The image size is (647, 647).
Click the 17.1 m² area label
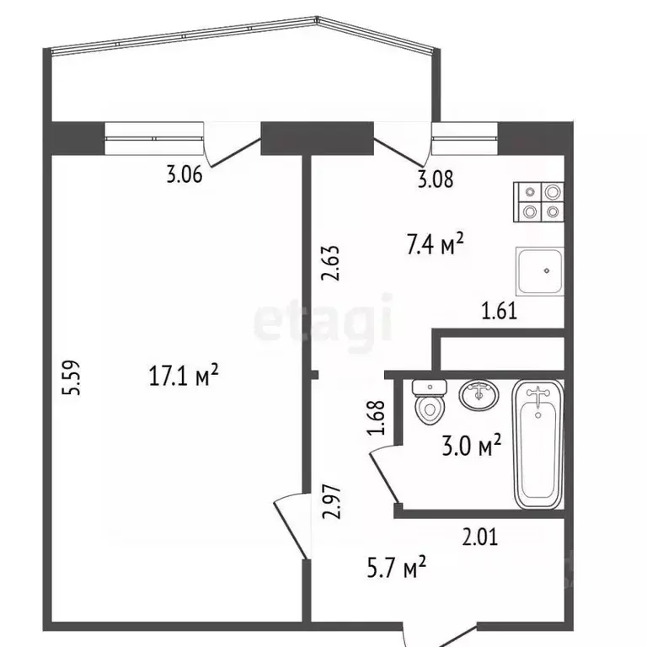tap(184, 375)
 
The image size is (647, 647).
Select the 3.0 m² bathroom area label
tap(473, 443)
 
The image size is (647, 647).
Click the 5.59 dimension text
tap(73, 378)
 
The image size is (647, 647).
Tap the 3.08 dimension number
tap(435, 178)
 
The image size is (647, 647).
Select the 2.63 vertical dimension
tap(331, 263)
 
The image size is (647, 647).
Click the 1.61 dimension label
tap(498, 311)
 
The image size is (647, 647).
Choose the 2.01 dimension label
tap(480, 536)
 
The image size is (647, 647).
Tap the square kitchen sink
tap(539, 272)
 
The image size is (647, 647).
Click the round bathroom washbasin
tap(479, 394)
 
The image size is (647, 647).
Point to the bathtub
tap(537, 443)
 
